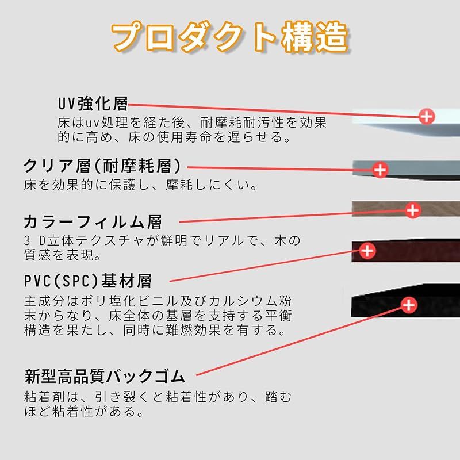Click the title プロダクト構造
pyautogui.click(x=230, y=37)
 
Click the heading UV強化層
pyautogui.click(x=93, y=104)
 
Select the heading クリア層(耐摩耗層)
pyautogui.click(x=102, y=166)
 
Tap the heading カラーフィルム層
pyautogui.click(x=93, y=222)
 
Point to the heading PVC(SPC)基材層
pyautogui.click(x=88, y=281)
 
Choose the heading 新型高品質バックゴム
pyautogui.click(x=105, y=377)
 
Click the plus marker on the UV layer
pyautogui.click(x=427, y=117)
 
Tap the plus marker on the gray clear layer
pyautogui.click(x=380, y=170)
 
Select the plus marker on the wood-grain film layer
pyautogui.click(x=413, y=210)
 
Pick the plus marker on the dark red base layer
pyautogui.click(x=367, y=251)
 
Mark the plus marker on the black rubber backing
pyautogui.click(x=409, y=305)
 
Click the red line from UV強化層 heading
pyautogui.click(x=274, y=110)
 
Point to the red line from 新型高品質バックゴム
pyautogui.click(x=299, y=341)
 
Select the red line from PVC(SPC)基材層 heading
pyautogui.click(x=264, y=266)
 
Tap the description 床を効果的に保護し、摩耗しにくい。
pyautogui.click(x=141, y=185)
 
